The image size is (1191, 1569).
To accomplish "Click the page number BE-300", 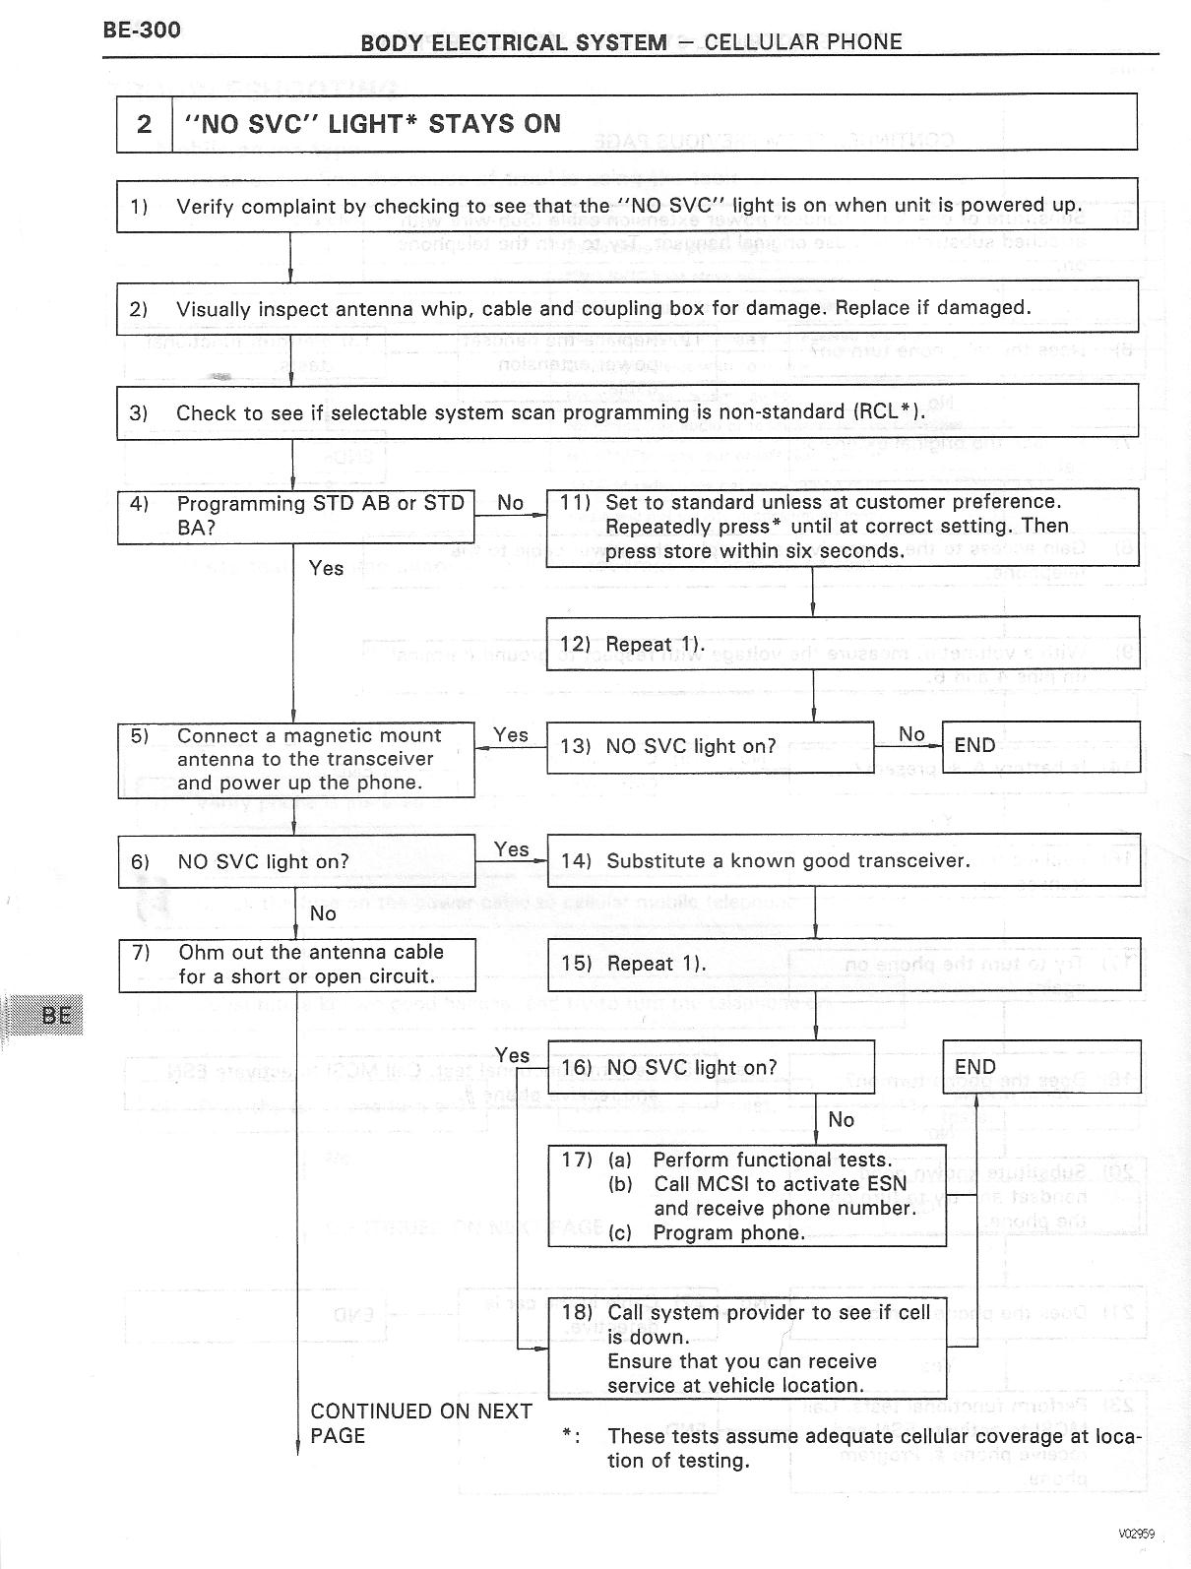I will [142, 30].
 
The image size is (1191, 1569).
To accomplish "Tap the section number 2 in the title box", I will [144, 124].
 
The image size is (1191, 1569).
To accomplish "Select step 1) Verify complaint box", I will [626, 205].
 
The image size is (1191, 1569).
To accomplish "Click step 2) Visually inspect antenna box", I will [626, 307].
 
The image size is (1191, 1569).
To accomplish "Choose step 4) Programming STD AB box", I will [295, 516].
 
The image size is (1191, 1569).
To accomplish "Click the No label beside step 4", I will [510, 503].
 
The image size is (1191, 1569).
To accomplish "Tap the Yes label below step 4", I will [326, 568].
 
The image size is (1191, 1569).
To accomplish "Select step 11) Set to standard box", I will [842, 527].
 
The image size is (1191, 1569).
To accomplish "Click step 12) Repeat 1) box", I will [842, 644].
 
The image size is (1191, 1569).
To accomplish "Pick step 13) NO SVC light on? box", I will [709, 746].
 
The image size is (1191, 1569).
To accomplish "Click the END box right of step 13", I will [1040, 746].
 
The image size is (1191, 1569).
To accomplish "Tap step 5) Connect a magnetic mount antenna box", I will [295, 759].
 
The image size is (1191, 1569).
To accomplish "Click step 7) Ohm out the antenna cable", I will [296, 965].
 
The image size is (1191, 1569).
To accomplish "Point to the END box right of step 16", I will [1040, 1067].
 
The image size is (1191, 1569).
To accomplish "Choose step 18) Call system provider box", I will [746, 1349].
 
